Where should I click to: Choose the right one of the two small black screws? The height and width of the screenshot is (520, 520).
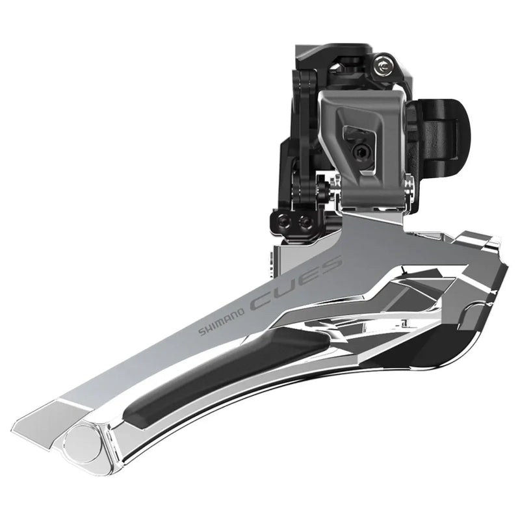coord(302,222)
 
